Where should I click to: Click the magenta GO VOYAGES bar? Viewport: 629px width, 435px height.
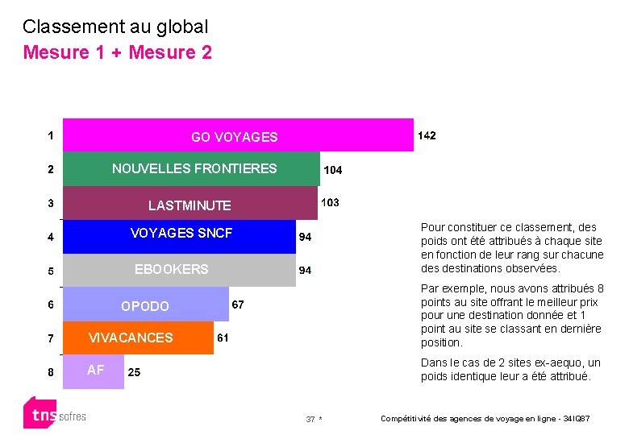click(x=238, y=135)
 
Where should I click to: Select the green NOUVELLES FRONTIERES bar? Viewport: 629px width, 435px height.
click(x=191, y=169)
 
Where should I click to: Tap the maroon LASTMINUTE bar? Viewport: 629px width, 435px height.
click(x=190, y=204)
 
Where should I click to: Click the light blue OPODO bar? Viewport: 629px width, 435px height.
click(x=145, y=304)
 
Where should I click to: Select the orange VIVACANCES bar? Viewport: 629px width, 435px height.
click(x=137, y=338)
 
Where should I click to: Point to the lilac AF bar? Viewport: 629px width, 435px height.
click(x=94, y=371)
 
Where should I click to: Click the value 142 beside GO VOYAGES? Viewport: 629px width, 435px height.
click(x=426, y=136)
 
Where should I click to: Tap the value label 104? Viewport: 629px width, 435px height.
click(x=332, y=170)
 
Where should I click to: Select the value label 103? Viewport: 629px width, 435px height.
click(x=330, y=202)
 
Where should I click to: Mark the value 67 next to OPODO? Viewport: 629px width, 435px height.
click(x=239, y=304)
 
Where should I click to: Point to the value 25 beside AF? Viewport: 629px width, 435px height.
click(x=135, y=372)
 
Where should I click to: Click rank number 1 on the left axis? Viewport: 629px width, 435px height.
click(x=50, y=136)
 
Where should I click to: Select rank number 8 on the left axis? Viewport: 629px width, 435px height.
click(x=50, y=372)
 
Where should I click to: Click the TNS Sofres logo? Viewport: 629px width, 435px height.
click(x=54, y=413)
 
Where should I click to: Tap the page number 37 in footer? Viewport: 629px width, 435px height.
click(x=310, y=420)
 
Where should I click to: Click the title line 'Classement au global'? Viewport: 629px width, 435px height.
click(x=115, y=27)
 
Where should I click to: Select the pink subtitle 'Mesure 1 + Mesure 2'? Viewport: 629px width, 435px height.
click(x=118, y=53)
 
